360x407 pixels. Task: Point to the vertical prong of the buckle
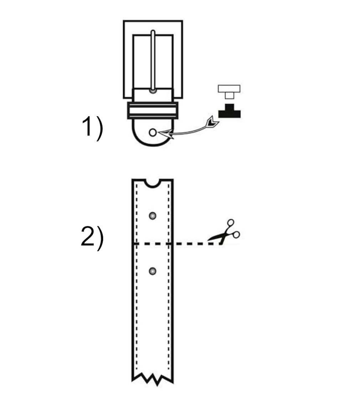153,61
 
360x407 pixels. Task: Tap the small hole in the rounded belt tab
152,132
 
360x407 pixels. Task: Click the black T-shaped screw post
229,111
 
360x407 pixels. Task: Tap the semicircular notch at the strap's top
153,183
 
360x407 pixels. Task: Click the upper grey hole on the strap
153,215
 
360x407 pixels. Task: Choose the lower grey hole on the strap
153,271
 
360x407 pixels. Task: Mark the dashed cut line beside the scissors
192,244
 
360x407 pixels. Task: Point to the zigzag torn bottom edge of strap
153,378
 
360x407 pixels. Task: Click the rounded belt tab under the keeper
152,134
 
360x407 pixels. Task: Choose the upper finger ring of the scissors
230,223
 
